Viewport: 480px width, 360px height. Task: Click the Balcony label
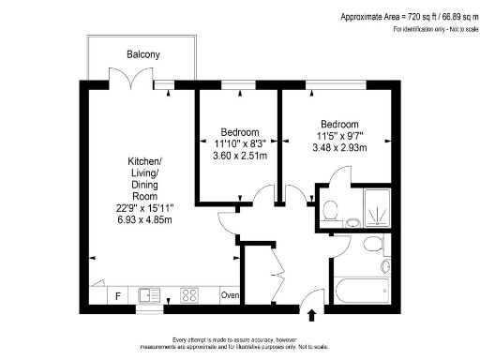143,54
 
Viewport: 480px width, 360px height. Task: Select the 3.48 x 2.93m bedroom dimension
339,148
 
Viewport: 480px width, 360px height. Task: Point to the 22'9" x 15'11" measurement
144,207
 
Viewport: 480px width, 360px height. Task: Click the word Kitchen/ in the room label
144,161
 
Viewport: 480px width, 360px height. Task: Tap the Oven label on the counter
230,296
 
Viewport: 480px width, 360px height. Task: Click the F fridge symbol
117,296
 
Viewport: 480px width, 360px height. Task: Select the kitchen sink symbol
149,294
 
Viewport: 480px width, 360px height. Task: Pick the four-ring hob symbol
188,295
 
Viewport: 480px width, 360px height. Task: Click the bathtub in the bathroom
362,292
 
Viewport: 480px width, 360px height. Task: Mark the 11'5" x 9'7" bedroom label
339,136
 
